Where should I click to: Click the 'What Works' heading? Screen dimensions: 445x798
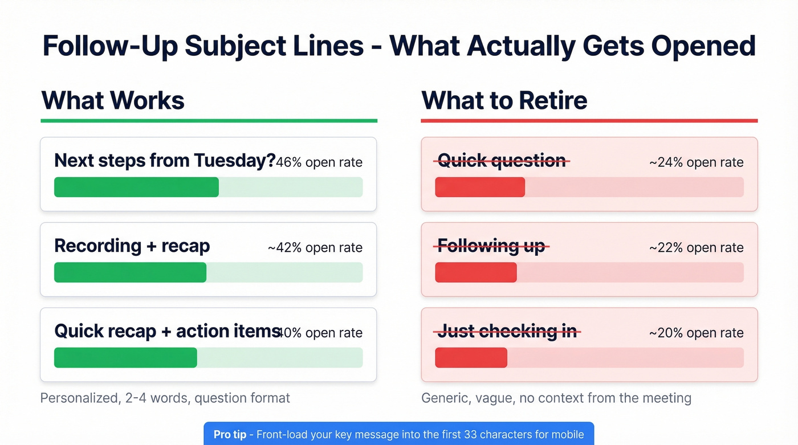[113, 100]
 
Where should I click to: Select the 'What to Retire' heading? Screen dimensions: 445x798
[504, 100]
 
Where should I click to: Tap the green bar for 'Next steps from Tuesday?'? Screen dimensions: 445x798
[136, 187]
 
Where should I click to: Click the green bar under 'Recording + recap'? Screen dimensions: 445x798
[130, 272]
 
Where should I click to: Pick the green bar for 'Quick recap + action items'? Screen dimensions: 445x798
[125, 358]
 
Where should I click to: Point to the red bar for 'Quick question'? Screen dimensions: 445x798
[480, 187]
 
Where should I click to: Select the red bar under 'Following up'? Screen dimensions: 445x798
[476, 272]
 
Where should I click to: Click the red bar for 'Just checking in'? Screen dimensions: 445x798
[471, 358]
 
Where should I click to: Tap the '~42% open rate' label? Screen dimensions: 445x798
[315, 248]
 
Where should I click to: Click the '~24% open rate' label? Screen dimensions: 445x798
[696, 162]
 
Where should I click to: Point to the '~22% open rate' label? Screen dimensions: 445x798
[696, 248]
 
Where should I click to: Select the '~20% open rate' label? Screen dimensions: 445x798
[696, 333]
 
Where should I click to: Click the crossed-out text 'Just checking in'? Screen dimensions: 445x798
[507, 331]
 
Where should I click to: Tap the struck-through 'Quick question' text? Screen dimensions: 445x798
[502, 161]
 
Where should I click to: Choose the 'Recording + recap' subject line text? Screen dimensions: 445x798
[132, 246]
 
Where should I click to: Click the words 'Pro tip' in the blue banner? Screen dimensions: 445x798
[230, 435]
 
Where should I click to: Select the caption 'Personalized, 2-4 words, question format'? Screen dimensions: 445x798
[165, 398]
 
